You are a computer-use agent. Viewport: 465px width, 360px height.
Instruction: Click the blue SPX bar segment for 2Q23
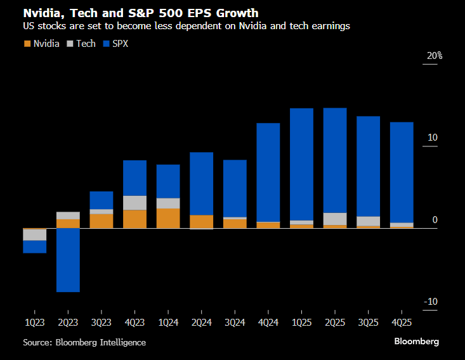[68, 260]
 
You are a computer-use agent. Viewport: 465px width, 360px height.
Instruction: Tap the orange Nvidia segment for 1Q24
[168, 218]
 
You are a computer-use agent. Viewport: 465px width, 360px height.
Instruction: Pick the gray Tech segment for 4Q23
[134, 203]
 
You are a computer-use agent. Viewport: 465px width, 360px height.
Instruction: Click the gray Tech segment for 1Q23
[34, 235]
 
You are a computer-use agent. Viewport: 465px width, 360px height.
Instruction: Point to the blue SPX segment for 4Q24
[268, 172]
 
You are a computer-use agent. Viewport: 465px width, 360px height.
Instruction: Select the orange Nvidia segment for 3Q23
[102, 221]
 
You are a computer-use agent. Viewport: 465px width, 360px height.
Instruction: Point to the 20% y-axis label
[434, 56]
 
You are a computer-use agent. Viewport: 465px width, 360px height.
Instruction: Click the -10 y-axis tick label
[431, 302]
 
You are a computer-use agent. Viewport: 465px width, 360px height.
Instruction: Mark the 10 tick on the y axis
[433, 138]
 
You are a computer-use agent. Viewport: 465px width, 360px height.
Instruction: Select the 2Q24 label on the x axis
[201, 322]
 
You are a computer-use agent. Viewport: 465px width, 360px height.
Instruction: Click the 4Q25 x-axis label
[401, 322]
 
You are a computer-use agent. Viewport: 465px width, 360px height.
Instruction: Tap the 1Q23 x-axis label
[34, 322]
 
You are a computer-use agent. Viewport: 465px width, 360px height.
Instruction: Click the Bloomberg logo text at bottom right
[416, 342]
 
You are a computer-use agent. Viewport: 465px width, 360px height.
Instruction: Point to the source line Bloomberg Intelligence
[84, 342]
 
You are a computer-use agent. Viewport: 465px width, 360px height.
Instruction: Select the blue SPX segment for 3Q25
[368, 166]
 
